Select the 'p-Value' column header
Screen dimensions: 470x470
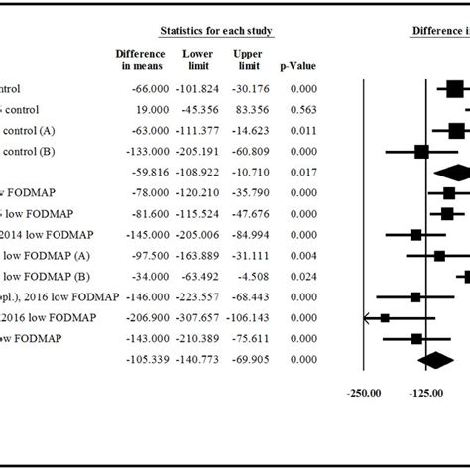coord(296,66)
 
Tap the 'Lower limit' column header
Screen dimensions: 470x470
coord(198,59)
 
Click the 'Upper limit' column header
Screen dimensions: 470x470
coord(248,59)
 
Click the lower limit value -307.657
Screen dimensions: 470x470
coord(198,317)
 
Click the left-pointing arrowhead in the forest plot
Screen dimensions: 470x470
coord(369,317)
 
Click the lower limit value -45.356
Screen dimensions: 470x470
coord(198,109)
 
